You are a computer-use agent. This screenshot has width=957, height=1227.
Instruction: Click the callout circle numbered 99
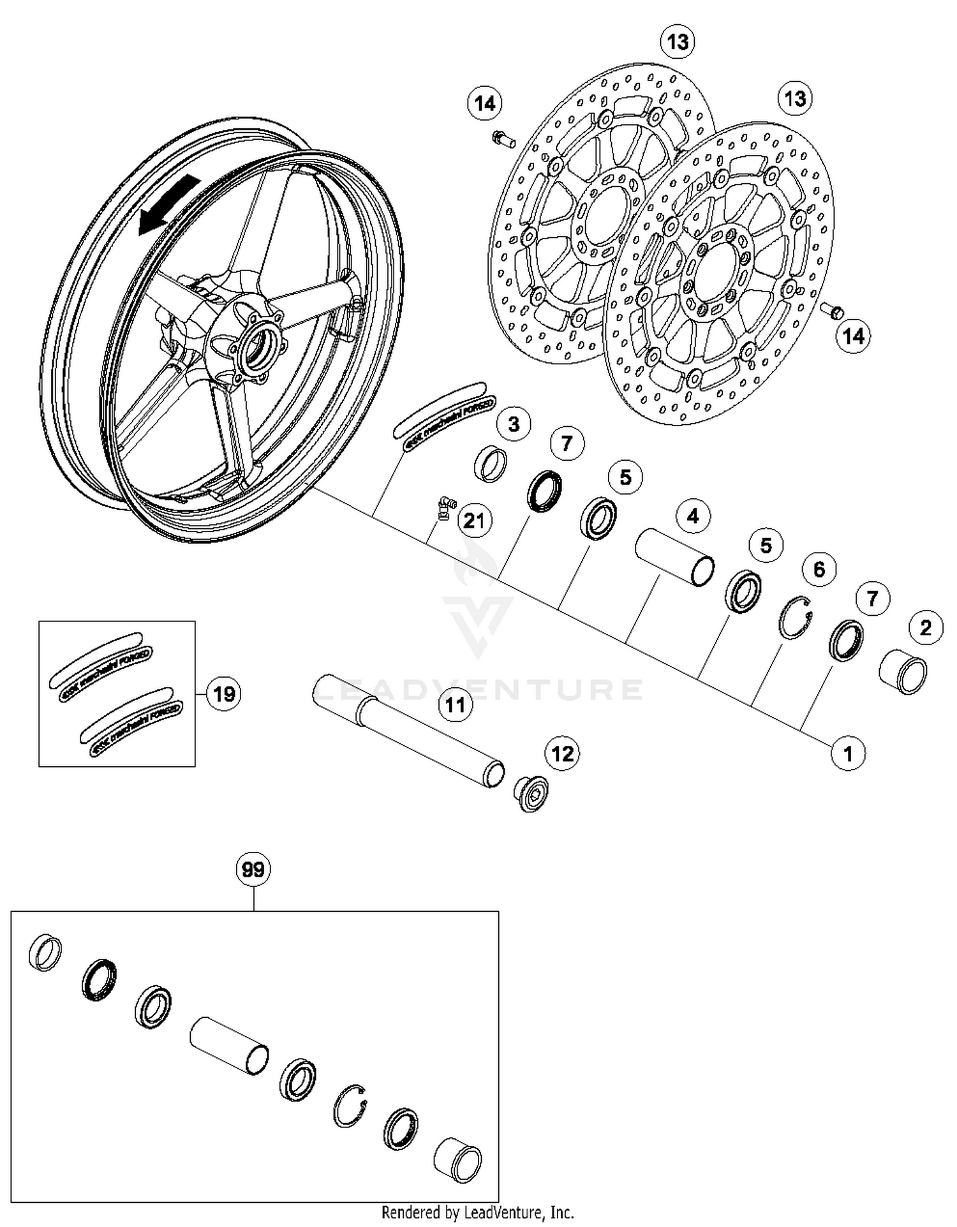pyautogui.click(x=253, y=869)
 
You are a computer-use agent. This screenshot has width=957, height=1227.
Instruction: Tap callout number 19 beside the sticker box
pyautogui.click(x=224, y=694)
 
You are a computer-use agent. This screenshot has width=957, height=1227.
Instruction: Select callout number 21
pyautogui.click(x=474, y=521)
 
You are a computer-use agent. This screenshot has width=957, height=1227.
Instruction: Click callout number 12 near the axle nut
pyautogui.click(x=562, y=754)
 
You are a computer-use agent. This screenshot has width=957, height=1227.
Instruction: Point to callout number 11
pyautogui.click(x=455, y=705)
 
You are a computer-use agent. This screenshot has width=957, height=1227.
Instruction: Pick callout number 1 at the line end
pyautogui.click(x=847, y=754)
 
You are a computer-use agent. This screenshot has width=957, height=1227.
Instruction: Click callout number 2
pyautogui.click(x=926, y=628)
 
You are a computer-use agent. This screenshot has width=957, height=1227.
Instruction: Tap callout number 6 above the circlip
pyautogui.click(x=819, y=569)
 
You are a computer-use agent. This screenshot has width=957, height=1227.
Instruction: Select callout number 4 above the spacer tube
pyautogui.click(x=693, y=516)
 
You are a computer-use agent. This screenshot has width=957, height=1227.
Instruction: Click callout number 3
pyautogui.click(x=514, y=424)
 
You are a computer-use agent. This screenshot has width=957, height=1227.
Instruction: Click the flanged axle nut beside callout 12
pyautogui.click(x=531, y=793)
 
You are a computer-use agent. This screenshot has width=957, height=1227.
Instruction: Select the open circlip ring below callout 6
pyautogui.click(x=796, y=617)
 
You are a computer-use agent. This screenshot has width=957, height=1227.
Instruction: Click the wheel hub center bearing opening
pyautogui.click(x=260, y=346)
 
